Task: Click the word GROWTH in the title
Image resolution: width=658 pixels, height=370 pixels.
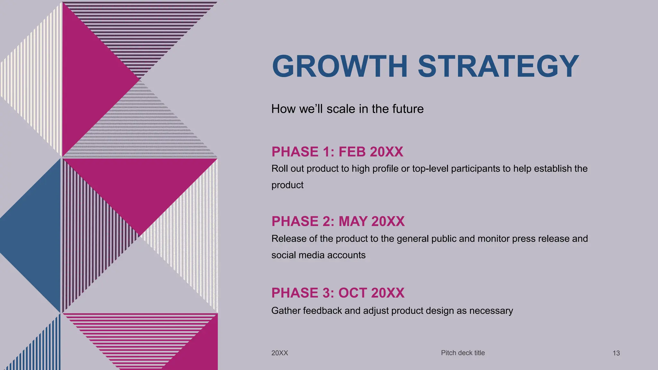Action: coord(340,66)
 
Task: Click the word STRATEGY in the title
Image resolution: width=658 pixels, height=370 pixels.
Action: coord(498,66)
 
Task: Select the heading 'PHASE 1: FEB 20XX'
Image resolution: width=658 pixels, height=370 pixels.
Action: coord(337,152)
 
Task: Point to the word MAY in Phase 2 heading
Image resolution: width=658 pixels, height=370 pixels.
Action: coord(353,221)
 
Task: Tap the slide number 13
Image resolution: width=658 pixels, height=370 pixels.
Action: coord(616,353)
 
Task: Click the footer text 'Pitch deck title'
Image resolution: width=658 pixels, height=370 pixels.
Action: coord(463,353)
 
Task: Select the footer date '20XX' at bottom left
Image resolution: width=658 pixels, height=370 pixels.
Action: coord(280,353)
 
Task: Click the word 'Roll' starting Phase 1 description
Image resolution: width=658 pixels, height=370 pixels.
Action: coord(279,169)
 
